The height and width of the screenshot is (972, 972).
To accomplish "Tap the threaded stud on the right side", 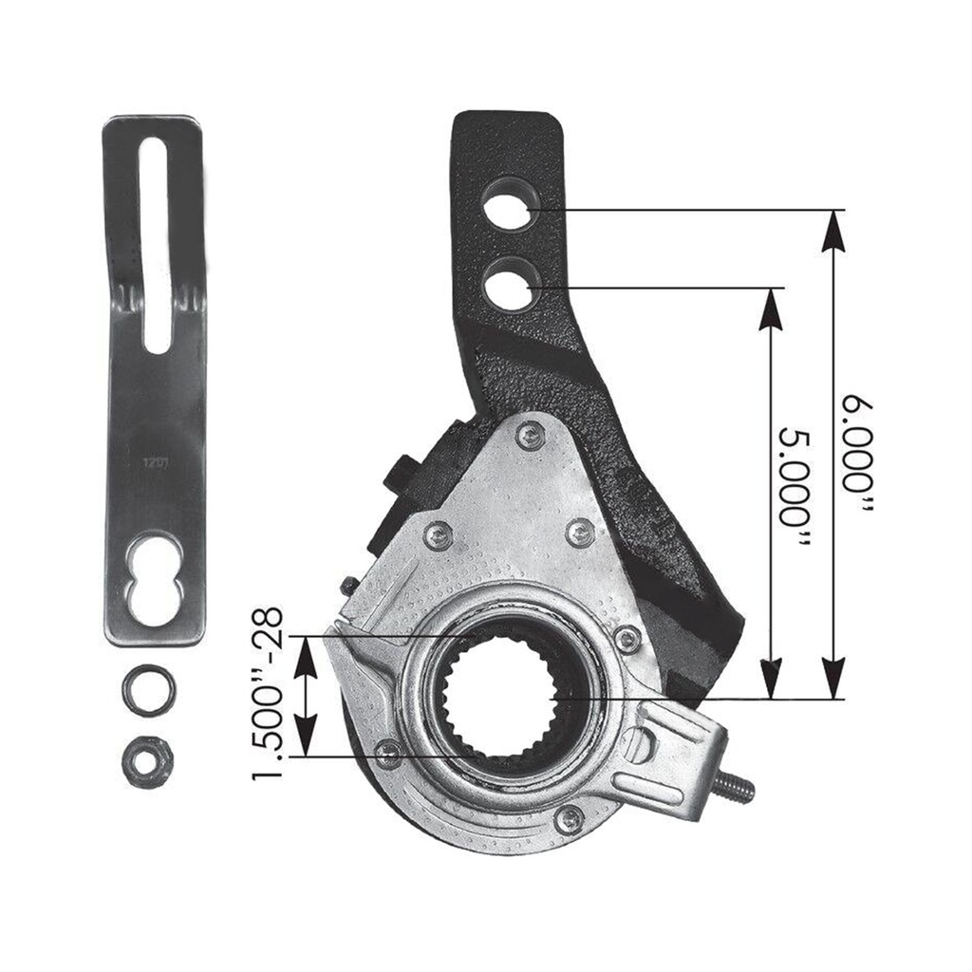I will pos(735,785).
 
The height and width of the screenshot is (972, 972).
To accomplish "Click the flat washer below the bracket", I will pos(148,689).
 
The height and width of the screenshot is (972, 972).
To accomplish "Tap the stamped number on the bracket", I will pos(155,465).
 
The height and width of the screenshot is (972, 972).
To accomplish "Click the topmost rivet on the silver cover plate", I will pos(530,436).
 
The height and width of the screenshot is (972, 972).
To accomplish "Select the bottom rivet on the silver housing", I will pos(570,817).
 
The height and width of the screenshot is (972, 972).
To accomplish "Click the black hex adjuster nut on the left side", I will pos(401,474).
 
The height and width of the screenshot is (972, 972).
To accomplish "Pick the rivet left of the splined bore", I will pos(388,753).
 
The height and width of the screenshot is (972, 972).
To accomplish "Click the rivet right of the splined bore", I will pos(626,639).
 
